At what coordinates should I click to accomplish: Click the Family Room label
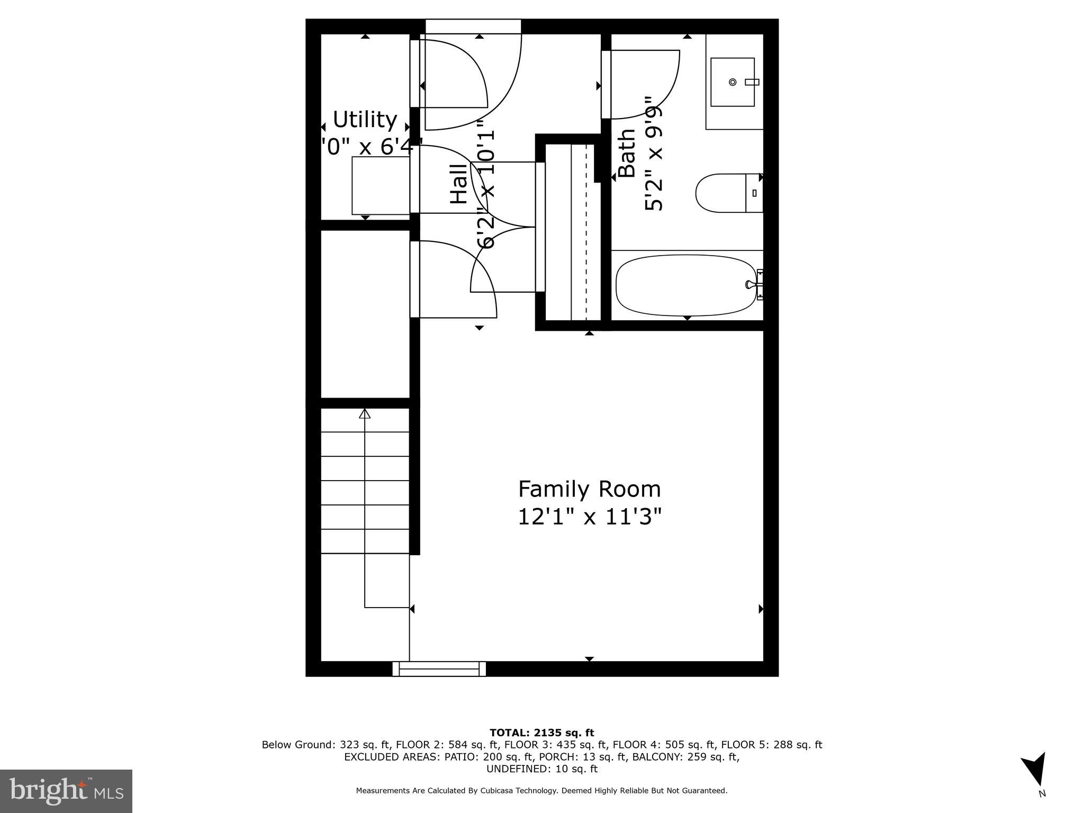tap(589, 489)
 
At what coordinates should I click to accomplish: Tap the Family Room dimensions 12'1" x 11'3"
tap(589, 517)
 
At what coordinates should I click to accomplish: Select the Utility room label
tap(365, 120)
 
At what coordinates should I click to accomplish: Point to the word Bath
tap(627, 153)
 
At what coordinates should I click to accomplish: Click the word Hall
tap(459, 184)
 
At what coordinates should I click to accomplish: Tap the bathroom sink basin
tap(732, 82)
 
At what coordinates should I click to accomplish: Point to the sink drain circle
tap(733, 82)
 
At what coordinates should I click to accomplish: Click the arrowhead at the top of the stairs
tap(365, 413)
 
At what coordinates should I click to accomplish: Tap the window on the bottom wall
tap(439, 669)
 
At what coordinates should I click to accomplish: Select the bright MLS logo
tap(66, 791)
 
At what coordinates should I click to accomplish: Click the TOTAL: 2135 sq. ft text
tap(541, 733)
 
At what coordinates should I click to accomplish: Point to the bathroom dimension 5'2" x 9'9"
tap(653, 153)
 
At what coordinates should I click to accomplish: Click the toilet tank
tap(754, 193)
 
